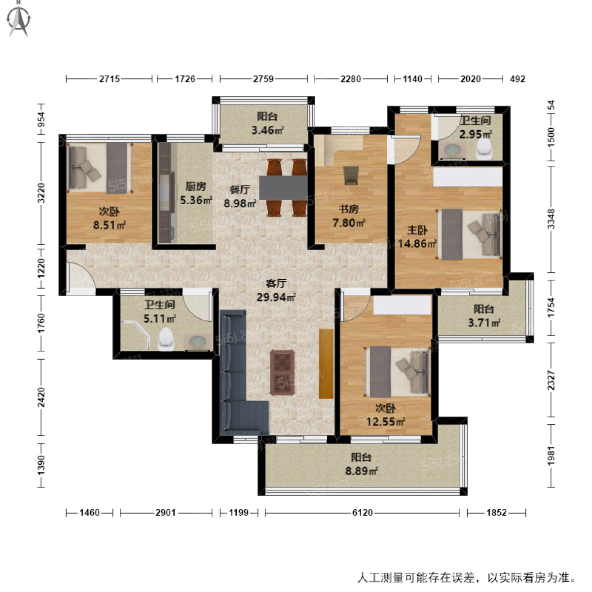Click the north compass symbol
pos(20,19)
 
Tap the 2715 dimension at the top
pos(109,78)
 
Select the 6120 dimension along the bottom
pos(362,513)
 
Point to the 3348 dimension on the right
pos(551,219)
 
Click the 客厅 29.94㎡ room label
pos(276,290)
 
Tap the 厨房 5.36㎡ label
pos(196,193)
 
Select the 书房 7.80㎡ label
pos(348,216)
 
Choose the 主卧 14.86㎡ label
pos(417,237)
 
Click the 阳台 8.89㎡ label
pos(361,464)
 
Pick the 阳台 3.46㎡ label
pos(267,123)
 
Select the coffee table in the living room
pos(283,372)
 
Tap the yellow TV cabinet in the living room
pos(326,363)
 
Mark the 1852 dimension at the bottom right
pos(496,513)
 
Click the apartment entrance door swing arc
pos(79,274)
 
